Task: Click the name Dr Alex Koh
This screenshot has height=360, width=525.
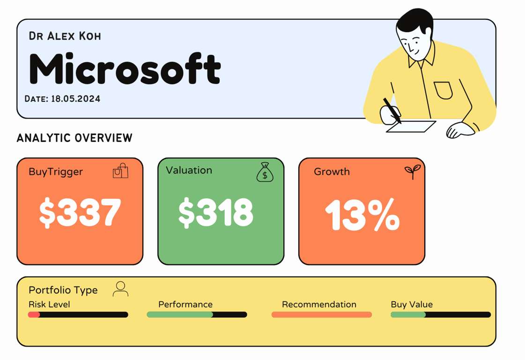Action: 65,36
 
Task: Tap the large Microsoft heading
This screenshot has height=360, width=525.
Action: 125,68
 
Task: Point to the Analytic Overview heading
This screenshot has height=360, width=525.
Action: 74,138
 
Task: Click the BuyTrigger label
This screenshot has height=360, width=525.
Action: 56,172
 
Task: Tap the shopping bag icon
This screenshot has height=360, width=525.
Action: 120,171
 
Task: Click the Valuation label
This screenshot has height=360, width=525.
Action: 189,170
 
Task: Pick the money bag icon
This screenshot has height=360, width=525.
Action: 265,172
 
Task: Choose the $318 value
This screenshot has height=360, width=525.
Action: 216,212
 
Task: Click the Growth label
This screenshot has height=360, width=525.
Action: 332,172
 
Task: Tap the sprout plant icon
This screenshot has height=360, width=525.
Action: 413,172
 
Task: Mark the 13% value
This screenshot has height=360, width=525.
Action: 362,215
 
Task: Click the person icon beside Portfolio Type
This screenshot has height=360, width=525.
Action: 120,289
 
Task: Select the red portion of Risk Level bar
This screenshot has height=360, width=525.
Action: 34,315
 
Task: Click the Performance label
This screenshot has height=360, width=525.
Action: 185,304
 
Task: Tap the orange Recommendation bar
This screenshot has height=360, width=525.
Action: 321,315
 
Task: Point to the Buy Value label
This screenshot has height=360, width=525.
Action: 412,304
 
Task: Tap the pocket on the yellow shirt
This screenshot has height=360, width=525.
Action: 443,90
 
